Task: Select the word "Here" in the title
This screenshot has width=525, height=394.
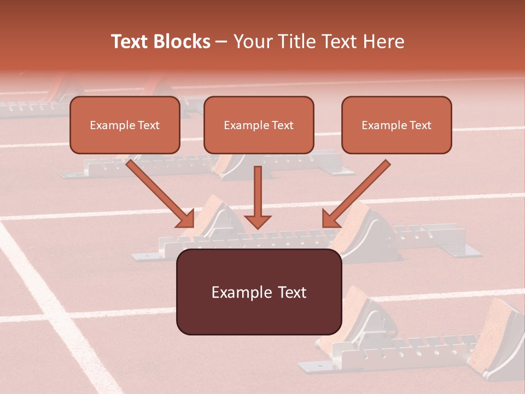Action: click(383, 42)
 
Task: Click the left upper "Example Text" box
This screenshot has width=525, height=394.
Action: click(125, 125)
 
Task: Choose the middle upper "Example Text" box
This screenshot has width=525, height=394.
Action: click(259, 125)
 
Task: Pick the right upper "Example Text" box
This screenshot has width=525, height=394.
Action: click(396, 125)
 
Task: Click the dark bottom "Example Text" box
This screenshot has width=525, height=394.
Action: click(259, 292)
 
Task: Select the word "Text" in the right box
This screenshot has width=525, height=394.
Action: click(420, 125)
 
